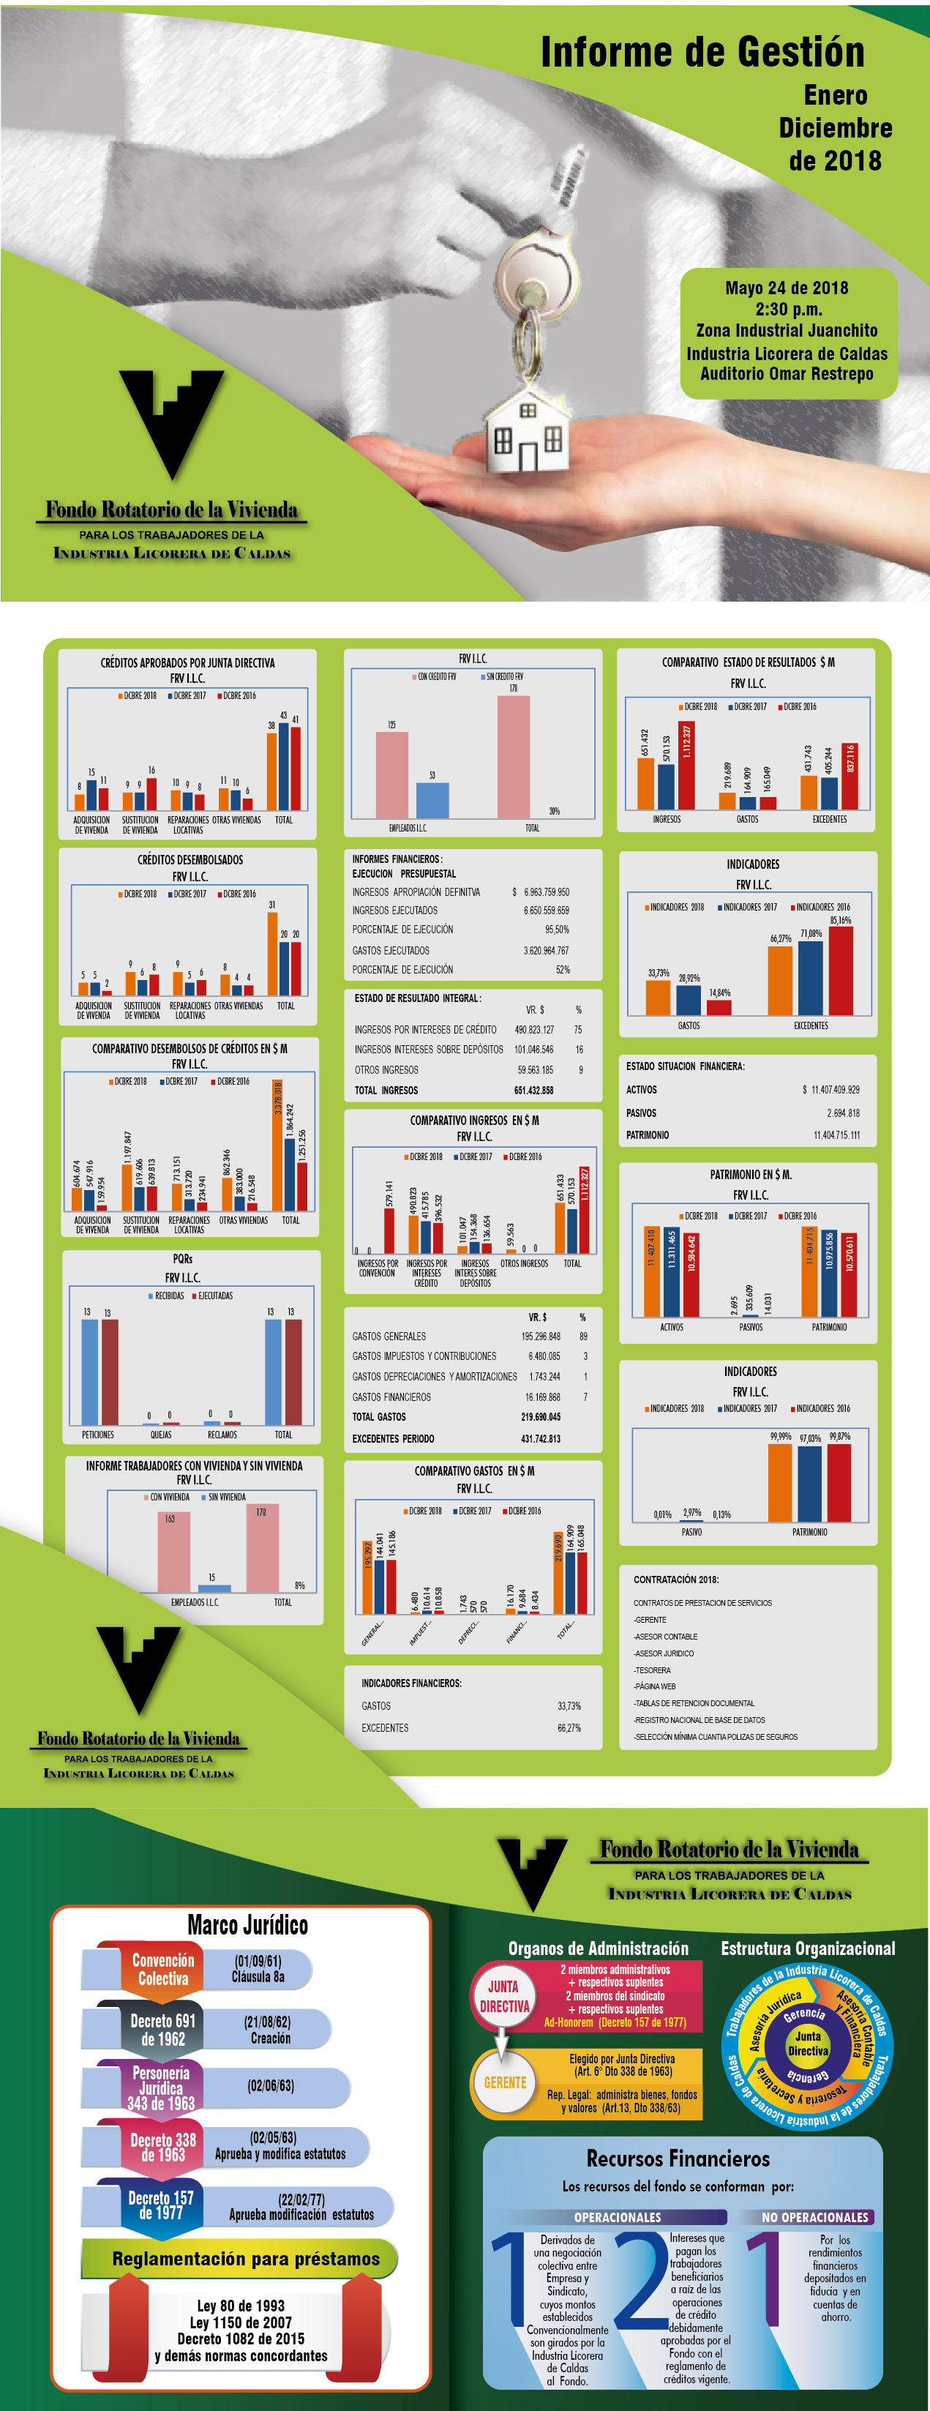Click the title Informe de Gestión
(x=702, y=53)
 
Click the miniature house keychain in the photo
(x=528, y=433)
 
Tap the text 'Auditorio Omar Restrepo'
(x=787, y=374)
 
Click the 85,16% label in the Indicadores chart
(x=840, y=921)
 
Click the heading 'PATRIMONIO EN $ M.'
(x=750, y=1174)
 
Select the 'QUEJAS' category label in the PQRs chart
(x=161, y=1434)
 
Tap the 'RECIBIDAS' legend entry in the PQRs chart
(x=168, y=1296)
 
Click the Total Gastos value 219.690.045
(x=540, y=1417)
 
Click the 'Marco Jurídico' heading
(x=247, y=1924)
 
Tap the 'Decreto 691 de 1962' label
(x=162, y=2029)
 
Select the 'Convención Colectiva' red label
(x=162, y=1968)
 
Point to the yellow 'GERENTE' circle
(x=504, y=2082)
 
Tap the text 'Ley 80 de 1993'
(x=241, y=2306)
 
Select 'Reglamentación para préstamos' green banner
(x=245, y=2259)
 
